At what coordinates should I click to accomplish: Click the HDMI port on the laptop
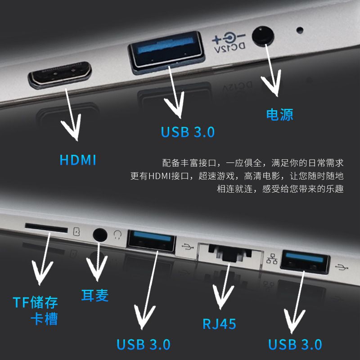point(60,75)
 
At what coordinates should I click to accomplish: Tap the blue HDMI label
point(78,160)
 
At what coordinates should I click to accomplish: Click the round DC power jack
point(263,36)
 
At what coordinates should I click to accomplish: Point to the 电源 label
point(279,115)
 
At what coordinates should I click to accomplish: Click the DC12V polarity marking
point(229,43)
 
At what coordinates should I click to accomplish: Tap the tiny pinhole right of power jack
point(300,30)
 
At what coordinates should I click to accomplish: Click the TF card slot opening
point(46,228)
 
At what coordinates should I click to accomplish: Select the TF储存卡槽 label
point(36,310)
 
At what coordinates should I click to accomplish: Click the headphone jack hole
point(100,234)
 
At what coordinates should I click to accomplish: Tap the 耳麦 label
point(95,295)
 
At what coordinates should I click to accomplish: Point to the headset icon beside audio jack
point(117,234)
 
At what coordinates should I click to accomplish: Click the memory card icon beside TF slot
point(76,231)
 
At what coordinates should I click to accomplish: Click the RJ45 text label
point(219,324)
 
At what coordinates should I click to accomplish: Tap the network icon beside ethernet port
point(272,259)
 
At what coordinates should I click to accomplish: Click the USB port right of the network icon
point(305,262)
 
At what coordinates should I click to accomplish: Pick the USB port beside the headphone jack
point(151,241)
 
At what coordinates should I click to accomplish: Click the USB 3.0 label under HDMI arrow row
point(188,132)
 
